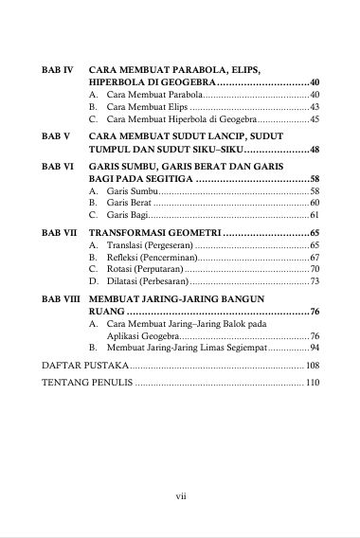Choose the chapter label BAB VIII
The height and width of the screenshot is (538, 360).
(61, 298)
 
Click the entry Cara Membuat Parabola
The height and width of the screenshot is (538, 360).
(141, 96)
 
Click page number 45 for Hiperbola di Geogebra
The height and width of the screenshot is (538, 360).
(315, 120)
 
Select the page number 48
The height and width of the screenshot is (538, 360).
(315, 150)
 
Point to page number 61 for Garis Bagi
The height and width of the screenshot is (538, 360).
(315, 216)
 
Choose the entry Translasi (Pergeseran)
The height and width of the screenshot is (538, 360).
(143, 245)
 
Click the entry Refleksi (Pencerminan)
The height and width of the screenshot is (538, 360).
(144, 258)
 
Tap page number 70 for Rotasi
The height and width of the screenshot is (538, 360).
(315, 270)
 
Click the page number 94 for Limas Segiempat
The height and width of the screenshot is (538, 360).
(315, 349)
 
